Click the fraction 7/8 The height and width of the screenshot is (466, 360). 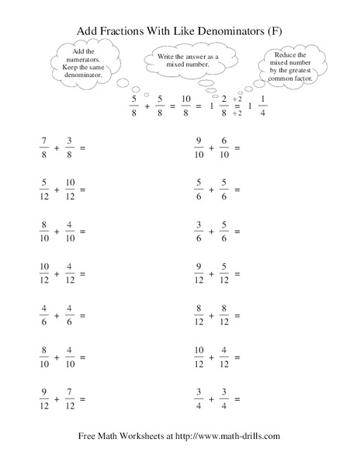(43, 147)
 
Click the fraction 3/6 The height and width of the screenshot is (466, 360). (199, 231)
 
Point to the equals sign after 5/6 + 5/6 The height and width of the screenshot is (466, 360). (237, 190)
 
